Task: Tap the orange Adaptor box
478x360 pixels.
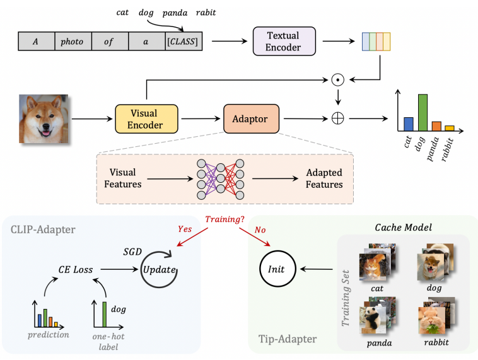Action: [x=250, y=119]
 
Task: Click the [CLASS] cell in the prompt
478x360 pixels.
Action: [x=183, y=42]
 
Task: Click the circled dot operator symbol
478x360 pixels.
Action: [x=338, y=79]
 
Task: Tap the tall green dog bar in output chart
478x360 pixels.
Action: [x=423, y=112]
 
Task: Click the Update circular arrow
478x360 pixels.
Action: [x=158, y=269]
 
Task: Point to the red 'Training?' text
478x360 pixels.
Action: [x=224, y=219]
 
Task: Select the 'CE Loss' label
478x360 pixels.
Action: [x=76, y=270]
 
